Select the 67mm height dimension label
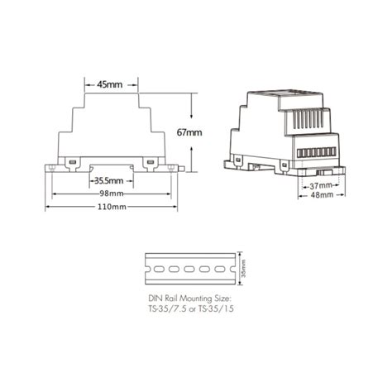[189, 131]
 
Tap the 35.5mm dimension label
[108, 179]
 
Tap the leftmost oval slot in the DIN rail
[154, 269]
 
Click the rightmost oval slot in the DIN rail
[221, 269]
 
